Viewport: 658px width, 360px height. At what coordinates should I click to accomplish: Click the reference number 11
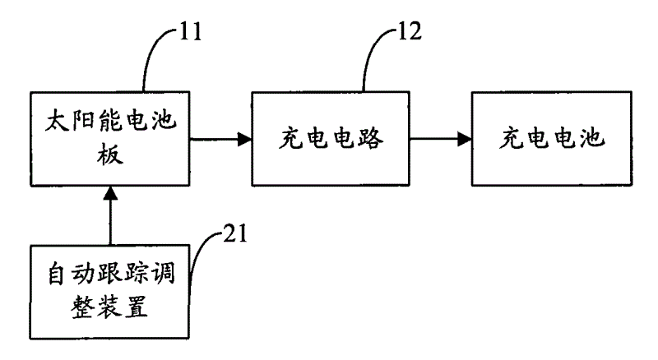(191, 31)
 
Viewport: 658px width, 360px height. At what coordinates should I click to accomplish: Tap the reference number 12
(409, 31)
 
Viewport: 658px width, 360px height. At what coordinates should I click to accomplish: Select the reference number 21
(235, 233)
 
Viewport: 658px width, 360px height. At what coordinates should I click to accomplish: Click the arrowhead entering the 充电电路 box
(244, 139)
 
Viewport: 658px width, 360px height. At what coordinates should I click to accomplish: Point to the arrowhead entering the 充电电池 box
(464, 139)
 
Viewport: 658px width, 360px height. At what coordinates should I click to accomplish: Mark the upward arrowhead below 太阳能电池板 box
(110, 193)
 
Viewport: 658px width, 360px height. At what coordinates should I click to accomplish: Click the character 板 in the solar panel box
(110, 154)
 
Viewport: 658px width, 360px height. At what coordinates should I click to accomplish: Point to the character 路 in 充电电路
(371, 138)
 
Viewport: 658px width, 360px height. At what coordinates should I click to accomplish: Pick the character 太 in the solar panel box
(57, 121)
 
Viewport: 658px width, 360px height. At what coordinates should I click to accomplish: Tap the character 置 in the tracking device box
(136, 307)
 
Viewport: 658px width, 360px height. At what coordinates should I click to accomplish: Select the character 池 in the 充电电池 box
(592, 138)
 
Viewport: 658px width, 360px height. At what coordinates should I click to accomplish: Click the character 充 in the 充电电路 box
(291, 138)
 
